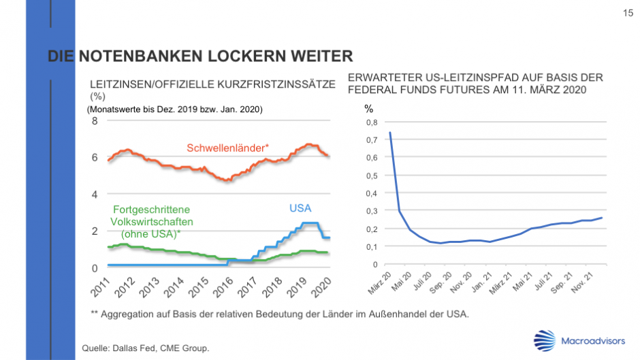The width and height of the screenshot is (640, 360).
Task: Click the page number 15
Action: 627,13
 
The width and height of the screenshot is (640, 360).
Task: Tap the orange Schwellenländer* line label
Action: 228,147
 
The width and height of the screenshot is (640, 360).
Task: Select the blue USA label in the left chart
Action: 300,208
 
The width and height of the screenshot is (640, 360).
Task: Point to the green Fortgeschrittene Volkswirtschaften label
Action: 152,221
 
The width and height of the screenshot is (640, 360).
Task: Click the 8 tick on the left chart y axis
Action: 95,121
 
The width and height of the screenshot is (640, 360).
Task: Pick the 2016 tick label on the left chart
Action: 223,287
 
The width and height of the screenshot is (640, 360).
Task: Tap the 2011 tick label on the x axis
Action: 101,287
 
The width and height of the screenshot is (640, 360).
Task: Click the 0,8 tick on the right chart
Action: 371,122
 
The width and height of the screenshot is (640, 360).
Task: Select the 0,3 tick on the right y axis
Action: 371,211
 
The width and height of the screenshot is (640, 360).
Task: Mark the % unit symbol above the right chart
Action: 368,109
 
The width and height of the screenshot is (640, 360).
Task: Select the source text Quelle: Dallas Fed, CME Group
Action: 145,348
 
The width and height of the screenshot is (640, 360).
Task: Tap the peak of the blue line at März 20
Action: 390,133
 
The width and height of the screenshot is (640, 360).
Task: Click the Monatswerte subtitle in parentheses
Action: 175,109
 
